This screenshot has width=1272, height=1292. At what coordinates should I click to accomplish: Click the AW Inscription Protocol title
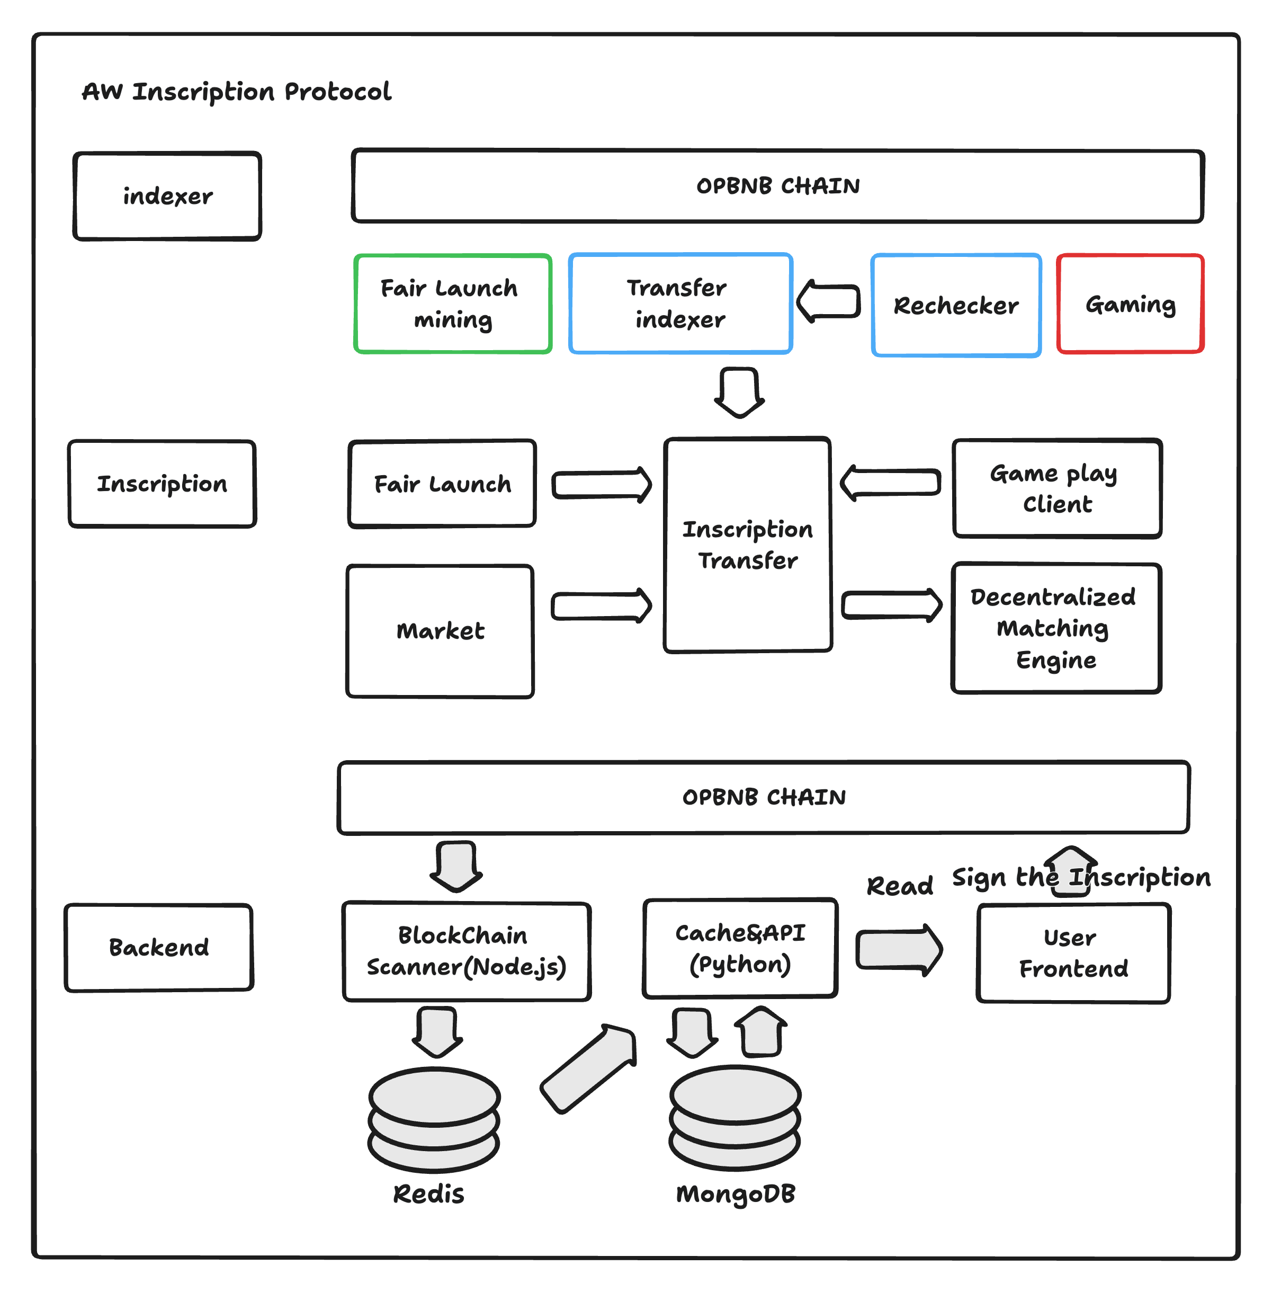point(237,92)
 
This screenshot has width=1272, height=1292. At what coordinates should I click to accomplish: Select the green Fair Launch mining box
point(452,304)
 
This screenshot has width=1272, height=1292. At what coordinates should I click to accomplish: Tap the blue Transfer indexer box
point(680,304)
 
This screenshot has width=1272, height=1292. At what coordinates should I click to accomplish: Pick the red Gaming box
point(1130,304)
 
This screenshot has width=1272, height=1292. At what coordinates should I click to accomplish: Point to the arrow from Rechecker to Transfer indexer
point(828,301)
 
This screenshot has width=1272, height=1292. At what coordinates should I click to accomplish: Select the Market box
point(440,631)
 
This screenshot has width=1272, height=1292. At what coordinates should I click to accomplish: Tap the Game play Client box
point(1057,488)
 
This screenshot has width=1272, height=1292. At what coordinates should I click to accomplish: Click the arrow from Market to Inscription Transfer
point(601,606)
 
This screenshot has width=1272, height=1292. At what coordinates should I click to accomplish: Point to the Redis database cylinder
point(434,1119)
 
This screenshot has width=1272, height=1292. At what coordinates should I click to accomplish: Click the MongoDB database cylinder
point(735,1118)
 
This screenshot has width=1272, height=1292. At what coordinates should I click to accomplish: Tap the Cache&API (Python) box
point(740,948)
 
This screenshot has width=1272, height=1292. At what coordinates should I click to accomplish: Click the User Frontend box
point(1073,953)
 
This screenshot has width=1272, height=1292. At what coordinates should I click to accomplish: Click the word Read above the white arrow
point(899,886)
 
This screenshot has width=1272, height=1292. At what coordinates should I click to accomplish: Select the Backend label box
point(159,947)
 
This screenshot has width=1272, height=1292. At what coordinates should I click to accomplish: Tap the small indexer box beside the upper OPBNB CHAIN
point(167,196)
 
